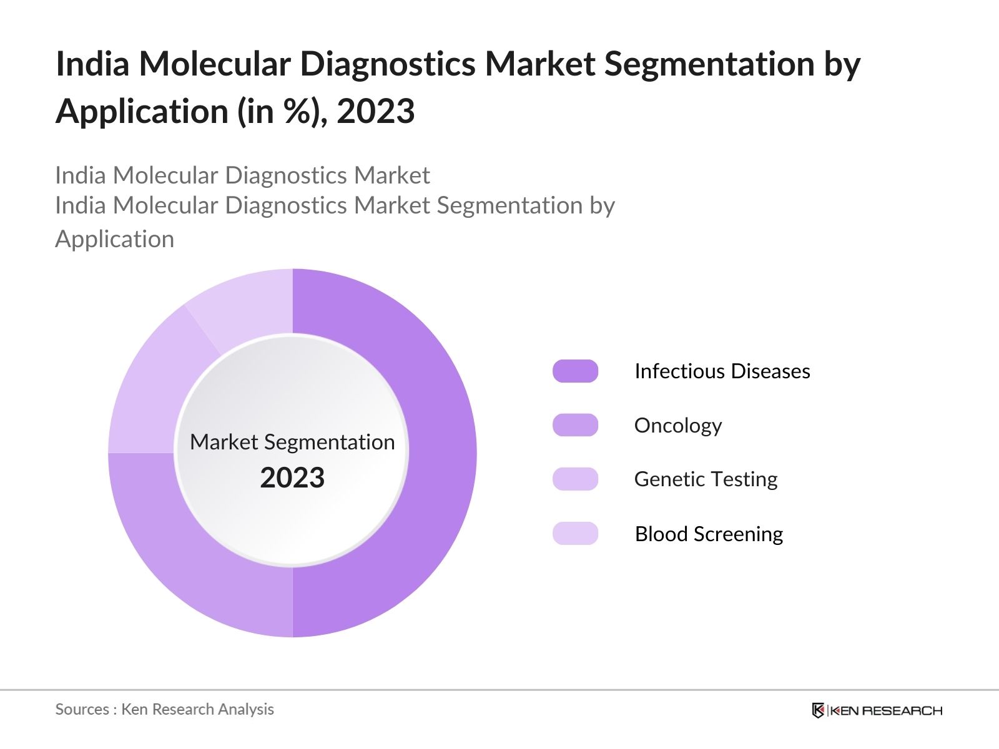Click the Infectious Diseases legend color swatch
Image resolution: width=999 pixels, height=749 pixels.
coord(575,371)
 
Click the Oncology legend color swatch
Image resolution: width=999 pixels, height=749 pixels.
coord(575,425)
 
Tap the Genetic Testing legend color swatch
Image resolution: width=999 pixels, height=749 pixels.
coord(575,479)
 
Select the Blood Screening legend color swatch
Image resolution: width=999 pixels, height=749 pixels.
coord(575,534)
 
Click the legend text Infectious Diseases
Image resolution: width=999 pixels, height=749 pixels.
coord(722,371)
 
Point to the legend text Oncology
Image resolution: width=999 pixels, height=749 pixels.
coord(677,426)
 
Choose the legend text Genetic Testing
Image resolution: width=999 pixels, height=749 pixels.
coord(706,479)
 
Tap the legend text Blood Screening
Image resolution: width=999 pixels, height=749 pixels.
coord(709,534)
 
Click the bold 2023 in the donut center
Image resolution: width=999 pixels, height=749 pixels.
coord(292,478)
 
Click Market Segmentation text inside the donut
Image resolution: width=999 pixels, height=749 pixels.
coord(292,442)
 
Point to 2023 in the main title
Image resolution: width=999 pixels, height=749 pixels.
coord(375,112)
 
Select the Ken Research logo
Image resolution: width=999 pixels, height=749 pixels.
coord(877,710)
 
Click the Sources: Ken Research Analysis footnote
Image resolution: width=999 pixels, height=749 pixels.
coord(164,710)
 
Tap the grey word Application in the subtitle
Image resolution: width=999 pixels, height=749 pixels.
coord(114,240)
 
